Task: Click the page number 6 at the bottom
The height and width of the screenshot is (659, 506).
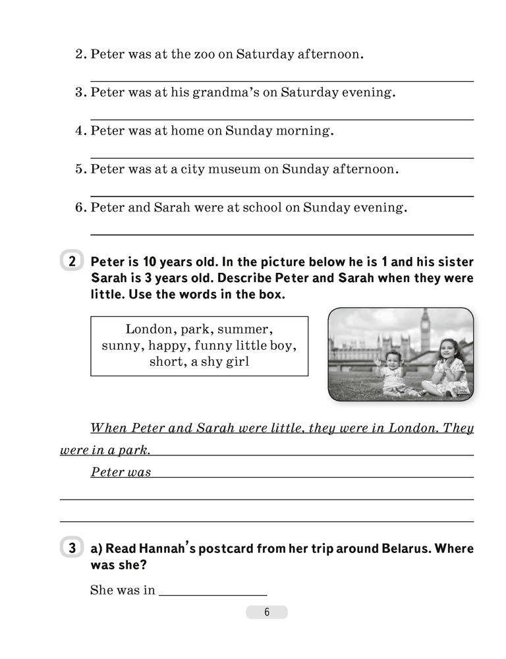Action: (x=267, y=612)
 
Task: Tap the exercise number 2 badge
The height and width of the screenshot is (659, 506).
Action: (x=72, y=262)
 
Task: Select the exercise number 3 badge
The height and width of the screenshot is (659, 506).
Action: (x=72, y=549)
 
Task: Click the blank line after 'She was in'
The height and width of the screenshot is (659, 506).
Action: (x=213, y=591)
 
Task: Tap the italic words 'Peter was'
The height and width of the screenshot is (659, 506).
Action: (x=121, y=472)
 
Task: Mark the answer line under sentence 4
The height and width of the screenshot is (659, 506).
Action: (x=282, y=157)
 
